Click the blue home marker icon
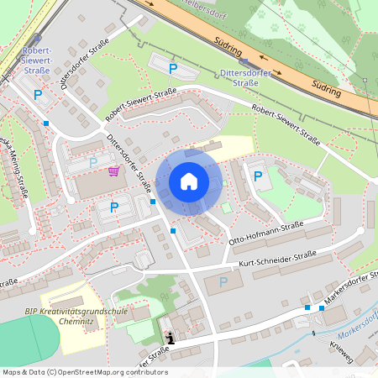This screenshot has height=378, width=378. pyautogui.click(x=188, y=181)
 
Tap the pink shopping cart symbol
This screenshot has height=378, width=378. pyautogui.click(x=113, y=171)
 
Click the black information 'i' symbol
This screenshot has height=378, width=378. pyautogui.click(x=171, y=338)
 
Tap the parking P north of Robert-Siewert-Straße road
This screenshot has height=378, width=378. pyautogui.click(x=172, y=68)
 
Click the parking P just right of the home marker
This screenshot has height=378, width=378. pyautogui.click(x=258, y=176)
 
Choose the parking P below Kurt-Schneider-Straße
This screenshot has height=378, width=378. pyautogui.click(x=223, y=283)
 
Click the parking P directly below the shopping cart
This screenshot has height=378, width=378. pyautogui.click(x=113, y=207)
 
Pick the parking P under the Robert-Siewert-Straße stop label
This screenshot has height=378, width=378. pyautogui.click(x=37, y=95)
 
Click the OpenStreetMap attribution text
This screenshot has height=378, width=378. pyautogui.click(x=84, y=371)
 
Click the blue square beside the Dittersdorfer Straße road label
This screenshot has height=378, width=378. pyautogui.click(x=152, y=202)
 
